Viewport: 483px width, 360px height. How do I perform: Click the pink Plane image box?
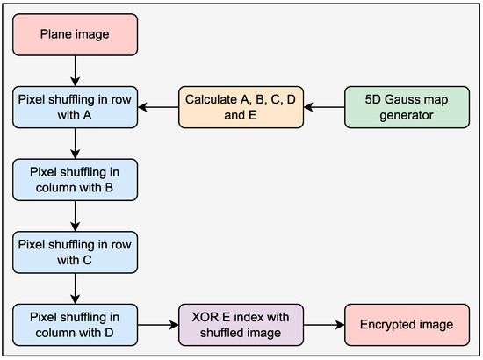click(76, 35)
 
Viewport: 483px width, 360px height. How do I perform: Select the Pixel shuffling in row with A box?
click(76, 108)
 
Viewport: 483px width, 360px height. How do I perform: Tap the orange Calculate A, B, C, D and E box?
click(241, 108)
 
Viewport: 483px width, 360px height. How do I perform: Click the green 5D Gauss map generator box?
click(405, 108)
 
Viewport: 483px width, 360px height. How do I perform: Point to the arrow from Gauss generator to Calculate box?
click(322, 108)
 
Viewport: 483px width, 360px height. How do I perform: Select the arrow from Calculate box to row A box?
click(158, 108)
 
